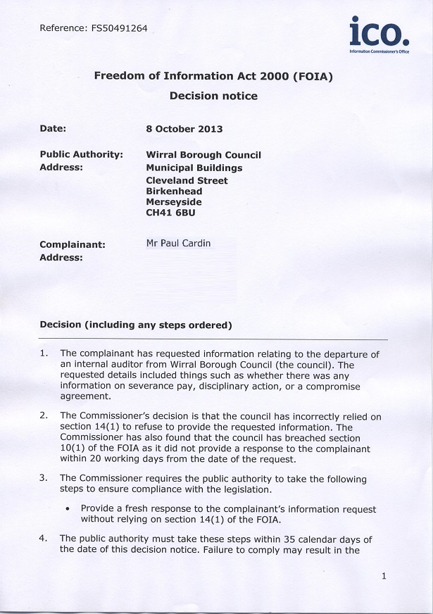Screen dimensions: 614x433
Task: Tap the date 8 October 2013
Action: [x=184, y=129]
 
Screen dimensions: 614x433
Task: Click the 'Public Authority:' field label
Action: [x=82, y=155]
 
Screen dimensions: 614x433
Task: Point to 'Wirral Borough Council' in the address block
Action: [x=203, y=155]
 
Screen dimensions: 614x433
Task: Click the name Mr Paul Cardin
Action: [x=178, y=244]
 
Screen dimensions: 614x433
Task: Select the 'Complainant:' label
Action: [x=73, y=244]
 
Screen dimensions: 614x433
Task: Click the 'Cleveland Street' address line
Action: [x=187, y=180]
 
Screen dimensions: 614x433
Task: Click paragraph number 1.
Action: [x=44, y=353]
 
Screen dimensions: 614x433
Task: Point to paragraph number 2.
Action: [x=44, y=416]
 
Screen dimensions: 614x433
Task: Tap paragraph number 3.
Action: [x=44, y=479]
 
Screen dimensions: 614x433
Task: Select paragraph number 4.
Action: [x=44, y=539]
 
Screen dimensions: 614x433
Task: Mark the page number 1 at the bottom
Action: [x=383, y=576]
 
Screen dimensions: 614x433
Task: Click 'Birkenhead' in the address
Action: [x=174, y=191]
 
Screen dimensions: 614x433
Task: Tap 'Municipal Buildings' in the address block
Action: [x=194, y=168]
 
